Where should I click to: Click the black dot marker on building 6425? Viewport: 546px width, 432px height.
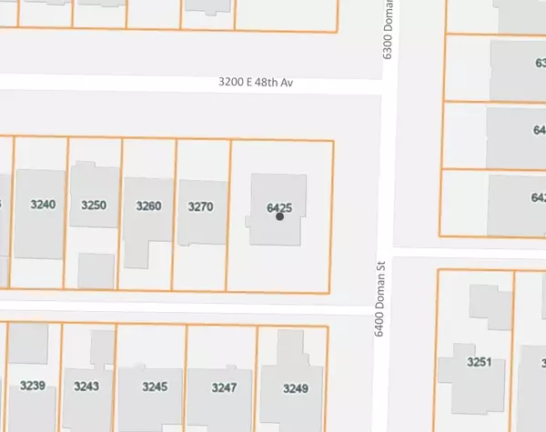[x=279, y=216]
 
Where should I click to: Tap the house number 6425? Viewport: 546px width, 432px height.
[x=278, y=207]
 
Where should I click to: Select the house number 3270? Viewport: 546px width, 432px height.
[x=200, y=206]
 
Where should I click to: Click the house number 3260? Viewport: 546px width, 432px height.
[x=148, y=206]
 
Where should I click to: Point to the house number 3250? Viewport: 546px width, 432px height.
[x=95, y=205]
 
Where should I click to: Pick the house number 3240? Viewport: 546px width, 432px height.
[x=43, y=205]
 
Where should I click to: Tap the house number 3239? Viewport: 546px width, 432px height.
[x=33, y=386]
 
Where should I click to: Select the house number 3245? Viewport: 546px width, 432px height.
[x=155, y=387]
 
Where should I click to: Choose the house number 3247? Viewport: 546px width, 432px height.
[x=224, y=387]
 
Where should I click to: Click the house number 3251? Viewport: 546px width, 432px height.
[x=479, y=362]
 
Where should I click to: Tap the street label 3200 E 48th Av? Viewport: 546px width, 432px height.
[x=256, y=83]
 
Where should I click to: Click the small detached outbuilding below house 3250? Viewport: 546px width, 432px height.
[x=95, y=270]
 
